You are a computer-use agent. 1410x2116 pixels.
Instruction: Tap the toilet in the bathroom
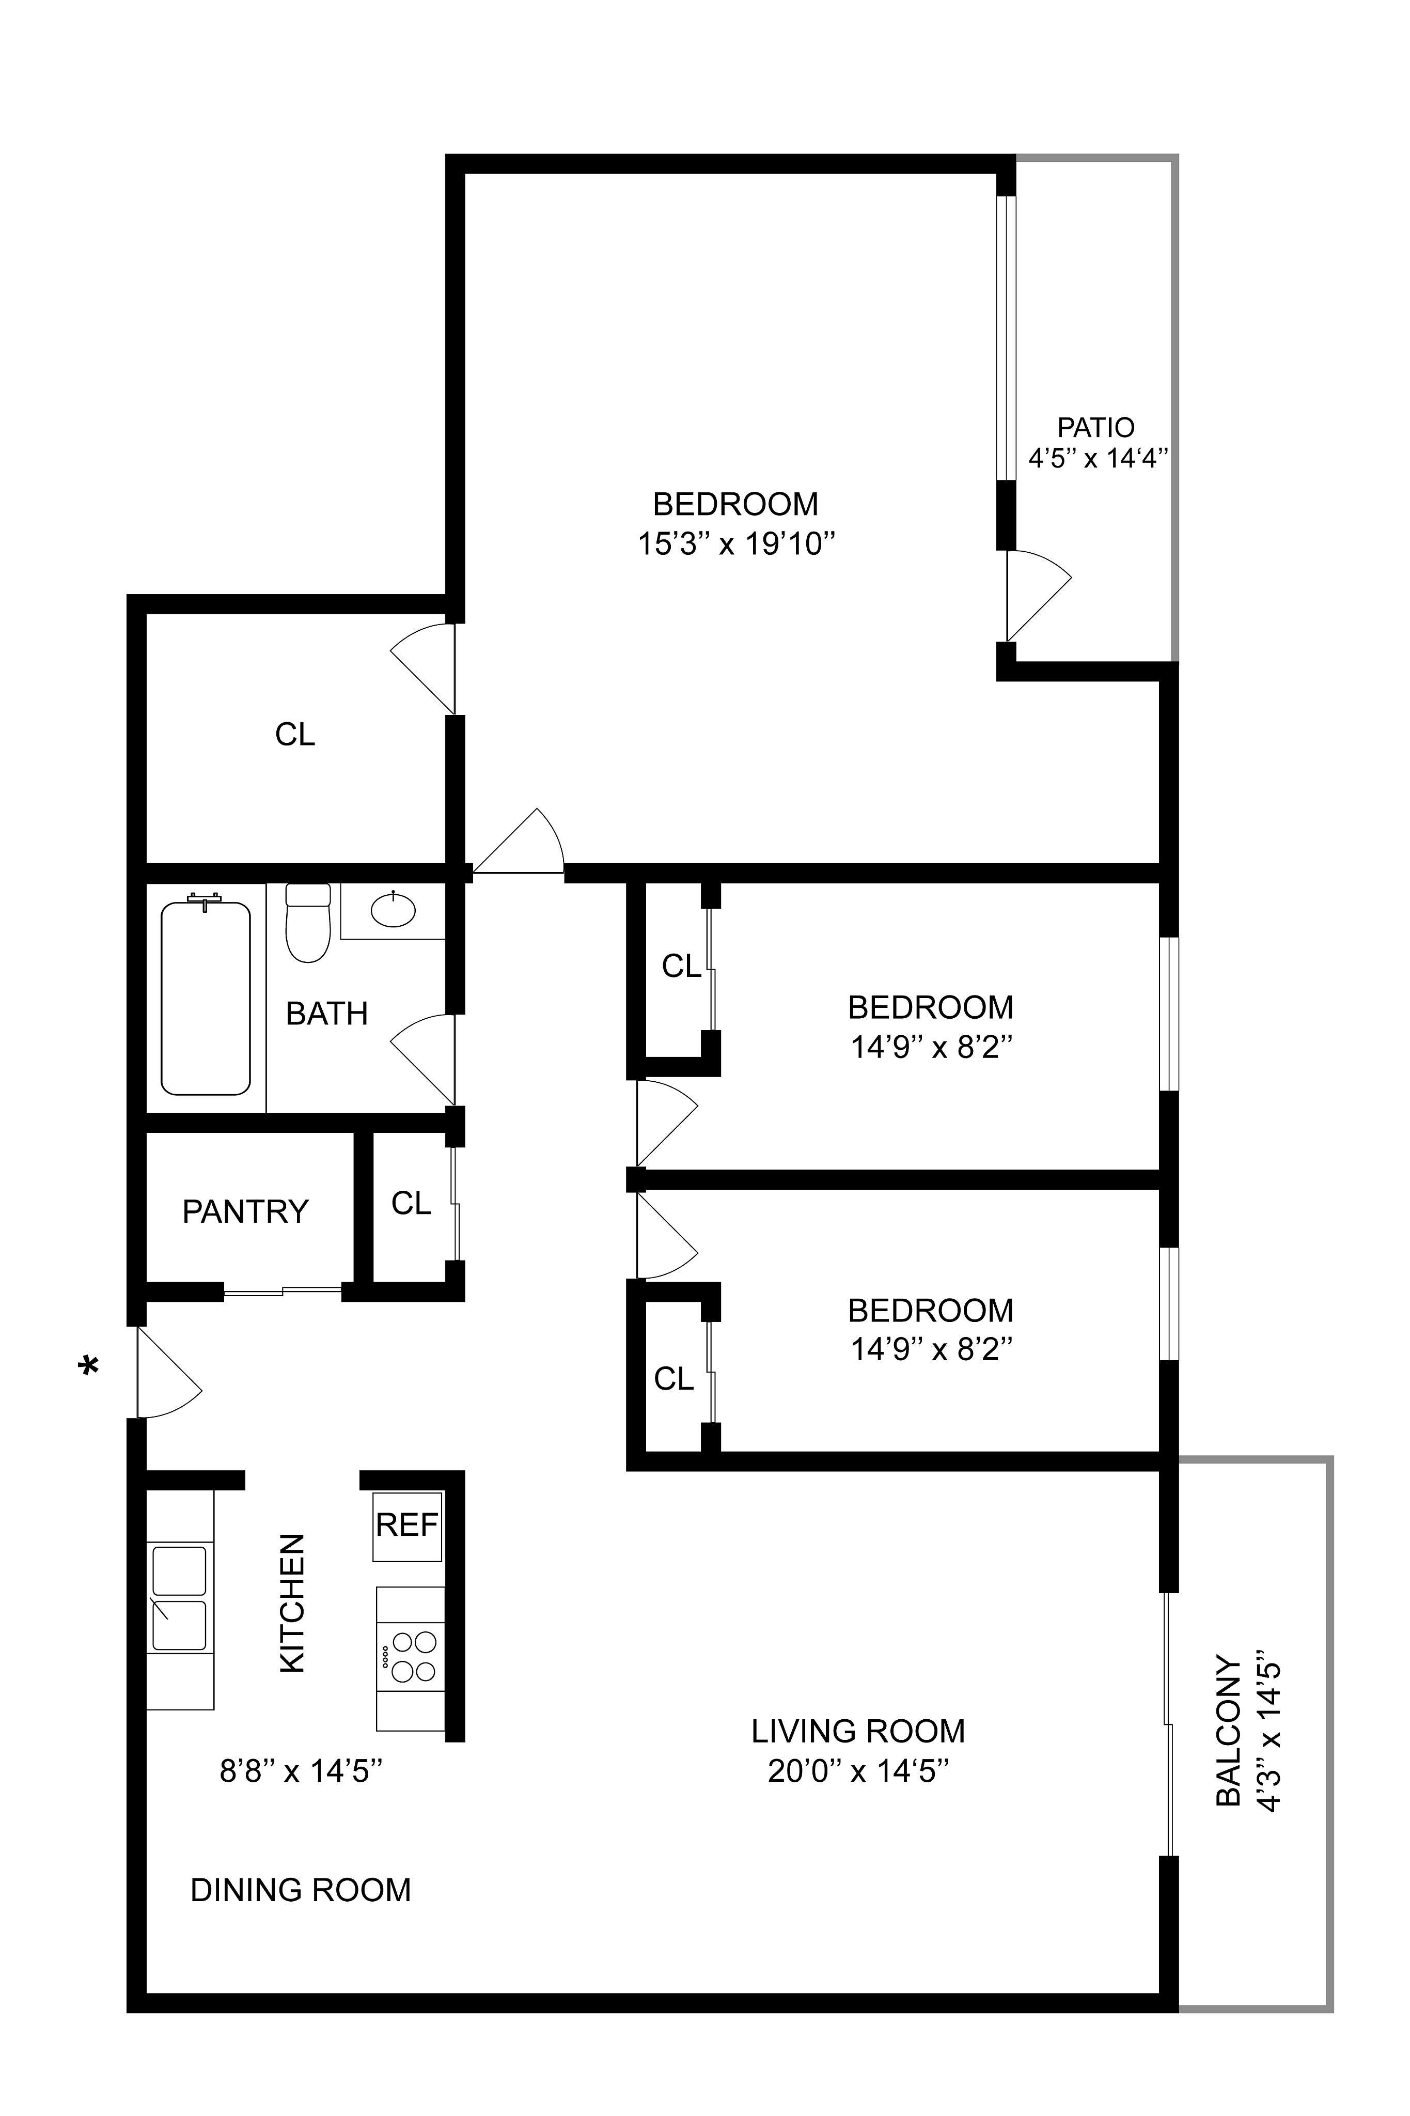(x=307, y=923)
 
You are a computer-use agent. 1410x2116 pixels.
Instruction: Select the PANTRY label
(x=245, y=1211)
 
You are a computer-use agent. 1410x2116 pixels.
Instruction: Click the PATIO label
(x=1095, y=427)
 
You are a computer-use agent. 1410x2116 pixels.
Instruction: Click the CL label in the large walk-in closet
(x=295, y=735)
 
